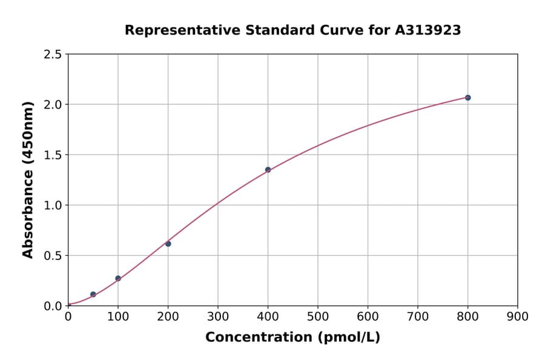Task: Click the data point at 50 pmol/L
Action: tap(93, 295)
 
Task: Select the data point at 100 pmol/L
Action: tap(118, 278)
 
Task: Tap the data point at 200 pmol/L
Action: tap(168, 244)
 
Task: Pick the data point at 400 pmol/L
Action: tap(268, 170)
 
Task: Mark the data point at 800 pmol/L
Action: tap(467, 98)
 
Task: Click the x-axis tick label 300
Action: tap(217, 316)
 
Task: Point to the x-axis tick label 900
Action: tap(517, 316)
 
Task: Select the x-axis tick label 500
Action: tap(317, 316)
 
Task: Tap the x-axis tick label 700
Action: tap(417, 316)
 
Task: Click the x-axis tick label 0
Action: tap(68, 316)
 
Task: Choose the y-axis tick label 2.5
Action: tap(53, 55)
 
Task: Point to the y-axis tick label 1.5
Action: tap(53, 155)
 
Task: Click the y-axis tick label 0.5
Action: tap(53, 256)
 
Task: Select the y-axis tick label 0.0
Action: tap(53, 306)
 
